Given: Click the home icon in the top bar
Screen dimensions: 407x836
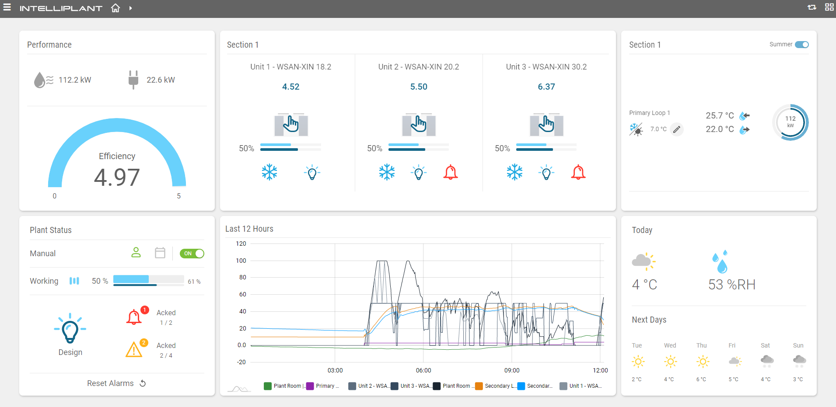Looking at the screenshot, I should (115, 8).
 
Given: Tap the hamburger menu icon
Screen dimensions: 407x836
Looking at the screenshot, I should (7, 7).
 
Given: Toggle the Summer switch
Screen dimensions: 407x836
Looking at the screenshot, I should (801, 45).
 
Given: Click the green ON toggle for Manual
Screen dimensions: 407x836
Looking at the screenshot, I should (192, 254).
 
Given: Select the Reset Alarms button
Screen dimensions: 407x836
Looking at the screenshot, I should (116, 383).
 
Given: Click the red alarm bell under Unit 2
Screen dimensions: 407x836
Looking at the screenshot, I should (450, 172).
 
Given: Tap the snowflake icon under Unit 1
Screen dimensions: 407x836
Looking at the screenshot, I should (269, 172).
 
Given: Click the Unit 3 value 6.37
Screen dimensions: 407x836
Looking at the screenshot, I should (546, 87).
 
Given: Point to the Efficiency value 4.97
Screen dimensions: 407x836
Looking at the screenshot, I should (117, 177).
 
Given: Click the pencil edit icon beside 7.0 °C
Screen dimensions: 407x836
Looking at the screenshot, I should (676, 129).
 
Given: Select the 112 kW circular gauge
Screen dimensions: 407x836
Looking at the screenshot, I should (790, 122).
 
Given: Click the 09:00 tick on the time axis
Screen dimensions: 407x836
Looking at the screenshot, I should (512, 370).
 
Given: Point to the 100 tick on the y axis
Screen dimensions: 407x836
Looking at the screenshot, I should (241, 261).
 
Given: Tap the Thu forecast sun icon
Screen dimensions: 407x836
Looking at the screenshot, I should (703, 362).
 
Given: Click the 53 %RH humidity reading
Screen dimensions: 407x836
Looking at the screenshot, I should (731, 285).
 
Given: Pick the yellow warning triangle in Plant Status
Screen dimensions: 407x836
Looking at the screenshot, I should (134, 350).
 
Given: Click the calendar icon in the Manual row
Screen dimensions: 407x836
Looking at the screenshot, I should (160, 253).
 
